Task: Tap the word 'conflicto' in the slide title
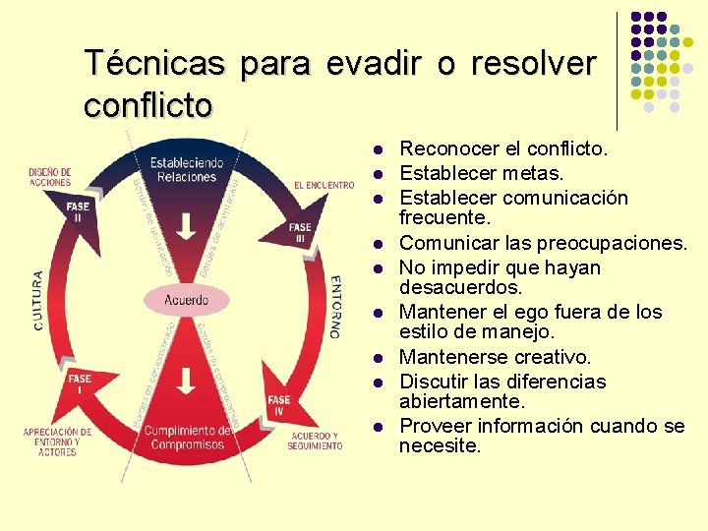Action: tap(147, 104)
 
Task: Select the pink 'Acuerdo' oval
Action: tap(186, 299)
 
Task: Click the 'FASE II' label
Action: tap(78, 211)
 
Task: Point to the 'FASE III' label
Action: tap(300, 233)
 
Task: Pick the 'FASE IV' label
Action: tap(279, 404)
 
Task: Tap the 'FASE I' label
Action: tap(80, 383)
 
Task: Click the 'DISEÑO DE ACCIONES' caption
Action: tap(50, 177)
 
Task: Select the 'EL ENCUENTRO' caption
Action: tap(324, 185)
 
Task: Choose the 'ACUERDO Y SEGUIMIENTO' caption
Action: tap(315, 441)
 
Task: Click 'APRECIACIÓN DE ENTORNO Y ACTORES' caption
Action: tap(57, 442)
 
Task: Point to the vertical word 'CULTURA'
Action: tap(38, 300)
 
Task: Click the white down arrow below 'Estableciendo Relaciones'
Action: tap(185, 226)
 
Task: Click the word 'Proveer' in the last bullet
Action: tap(435, 426)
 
